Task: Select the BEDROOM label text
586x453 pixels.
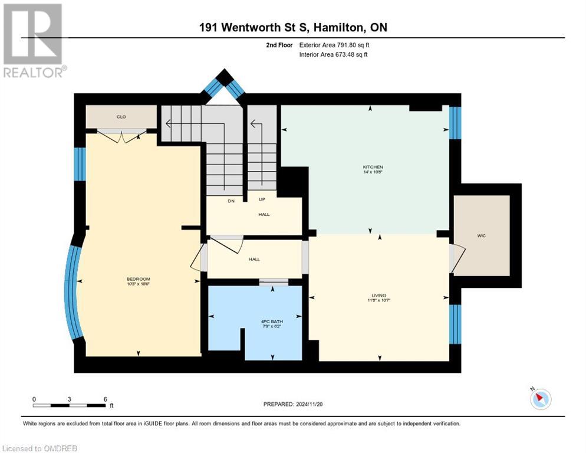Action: (x=138, y=279)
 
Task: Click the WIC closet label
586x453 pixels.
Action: (x=481, y=235)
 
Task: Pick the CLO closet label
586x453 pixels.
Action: (x=121, y=117)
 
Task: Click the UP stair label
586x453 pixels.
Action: (x=262, y=199)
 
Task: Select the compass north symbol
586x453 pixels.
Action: (x=540, y=399)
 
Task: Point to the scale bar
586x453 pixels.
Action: (x=70, y=405)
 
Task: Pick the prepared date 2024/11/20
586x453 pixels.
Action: (x=294, y=404)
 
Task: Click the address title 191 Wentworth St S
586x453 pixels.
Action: (x=253, y=28)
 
